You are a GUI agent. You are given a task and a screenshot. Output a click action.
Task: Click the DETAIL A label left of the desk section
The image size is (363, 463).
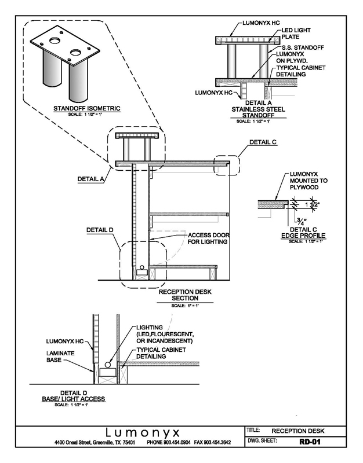[90, 179]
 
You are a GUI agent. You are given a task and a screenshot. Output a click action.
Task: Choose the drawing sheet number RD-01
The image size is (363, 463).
[308, 443]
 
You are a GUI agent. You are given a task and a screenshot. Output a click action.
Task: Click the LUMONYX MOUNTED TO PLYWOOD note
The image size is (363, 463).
[308, 181]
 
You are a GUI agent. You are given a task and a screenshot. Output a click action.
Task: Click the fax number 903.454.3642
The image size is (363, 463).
[215, 443]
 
